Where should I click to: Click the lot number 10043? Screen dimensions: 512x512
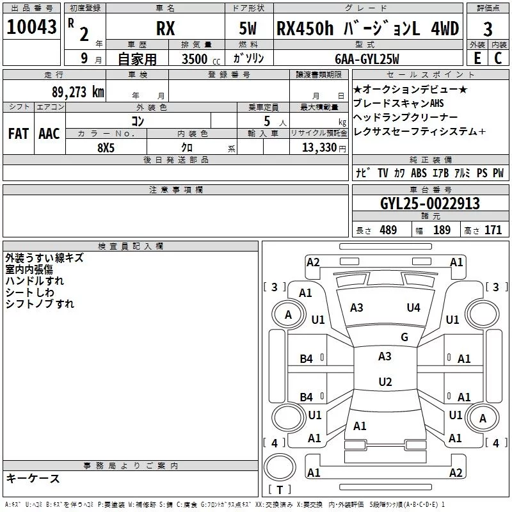[31, 27]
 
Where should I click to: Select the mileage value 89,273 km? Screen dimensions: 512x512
[78, 92]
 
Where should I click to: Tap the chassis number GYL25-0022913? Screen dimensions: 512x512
[430, 204]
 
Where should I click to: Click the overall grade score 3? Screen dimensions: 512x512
[488, 29]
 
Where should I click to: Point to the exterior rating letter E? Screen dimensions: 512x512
[477, 58]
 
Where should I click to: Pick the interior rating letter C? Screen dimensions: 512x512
[498, 58]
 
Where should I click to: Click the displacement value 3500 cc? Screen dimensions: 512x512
[201, 59]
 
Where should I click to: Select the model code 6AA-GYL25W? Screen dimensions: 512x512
[367, 59]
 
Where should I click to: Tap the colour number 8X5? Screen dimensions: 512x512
[106, 148]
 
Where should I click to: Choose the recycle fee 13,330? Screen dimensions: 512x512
[319, 148]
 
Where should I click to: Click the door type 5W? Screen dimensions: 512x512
[248, 28]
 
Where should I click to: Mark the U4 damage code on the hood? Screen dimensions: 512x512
[413, 308]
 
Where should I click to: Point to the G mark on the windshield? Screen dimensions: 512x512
[404, 337]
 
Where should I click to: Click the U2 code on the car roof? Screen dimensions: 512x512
[385, 381]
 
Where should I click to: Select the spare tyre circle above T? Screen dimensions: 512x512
[280, 466]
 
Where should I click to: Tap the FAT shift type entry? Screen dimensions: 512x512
[19, 134]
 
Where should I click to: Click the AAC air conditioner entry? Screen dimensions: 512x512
[49, 134]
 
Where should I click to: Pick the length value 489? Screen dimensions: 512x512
[388, 230]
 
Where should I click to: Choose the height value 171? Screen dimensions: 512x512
[493, 230]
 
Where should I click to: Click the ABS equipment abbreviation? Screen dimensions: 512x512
[419, 173]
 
